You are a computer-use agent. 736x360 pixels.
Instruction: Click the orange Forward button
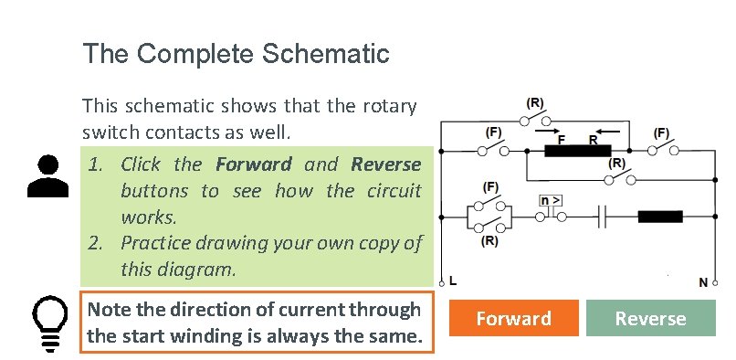[513, 318]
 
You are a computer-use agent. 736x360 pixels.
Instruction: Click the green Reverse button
[649, 318]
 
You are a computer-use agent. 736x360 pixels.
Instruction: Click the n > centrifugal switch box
[550, 200]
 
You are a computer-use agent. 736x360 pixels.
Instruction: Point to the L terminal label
[454, 282]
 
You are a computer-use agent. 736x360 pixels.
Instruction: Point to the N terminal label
[703, 282]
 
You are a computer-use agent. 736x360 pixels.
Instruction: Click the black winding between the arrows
[577, 152]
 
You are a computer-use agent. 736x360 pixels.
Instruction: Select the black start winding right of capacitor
[659, 217]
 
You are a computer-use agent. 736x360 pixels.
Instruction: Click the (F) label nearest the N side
[662, 132]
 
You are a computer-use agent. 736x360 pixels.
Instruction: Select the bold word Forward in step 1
[254, 164]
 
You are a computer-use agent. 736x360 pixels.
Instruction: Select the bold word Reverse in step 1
[385, 164]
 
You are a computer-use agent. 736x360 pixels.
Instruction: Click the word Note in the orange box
[108, 310]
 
